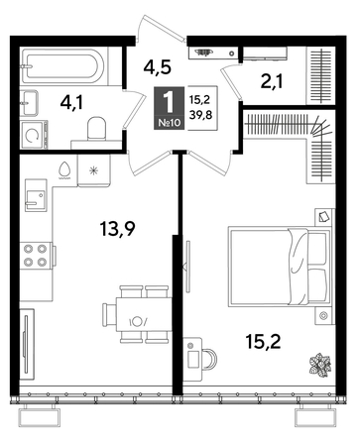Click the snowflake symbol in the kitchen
pyautogui.click(x=94, y=171)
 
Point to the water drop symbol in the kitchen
pyautogui.click(x=65, y=169)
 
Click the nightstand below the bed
pyautogui.click(x=323, y=316)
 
